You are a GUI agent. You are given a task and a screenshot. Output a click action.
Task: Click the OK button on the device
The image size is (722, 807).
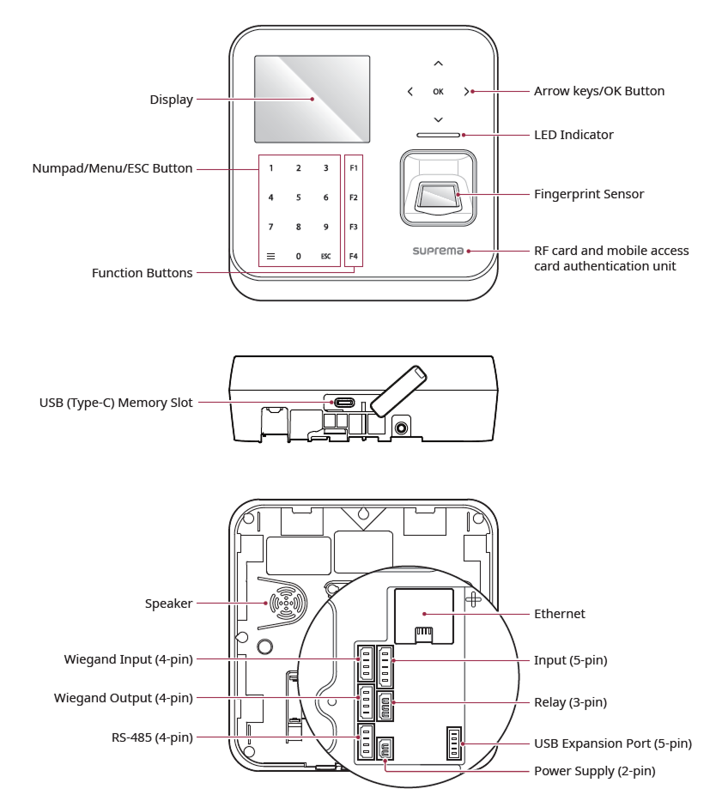click(439, 90)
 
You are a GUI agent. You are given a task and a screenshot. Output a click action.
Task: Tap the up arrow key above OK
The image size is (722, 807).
click(439, 64)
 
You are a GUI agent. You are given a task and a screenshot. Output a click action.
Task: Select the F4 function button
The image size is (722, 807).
click(353, 256)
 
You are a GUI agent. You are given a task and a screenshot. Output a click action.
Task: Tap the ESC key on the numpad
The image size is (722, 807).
click(325, 256)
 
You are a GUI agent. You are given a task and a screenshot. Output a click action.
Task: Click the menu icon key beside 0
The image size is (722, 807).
click(270, 256)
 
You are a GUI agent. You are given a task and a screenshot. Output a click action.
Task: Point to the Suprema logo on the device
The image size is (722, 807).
click(439, 252)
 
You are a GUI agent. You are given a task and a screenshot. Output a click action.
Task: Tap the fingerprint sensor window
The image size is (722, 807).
click(438, 197)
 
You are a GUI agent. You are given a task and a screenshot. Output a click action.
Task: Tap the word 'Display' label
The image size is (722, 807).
click(169, 100)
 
